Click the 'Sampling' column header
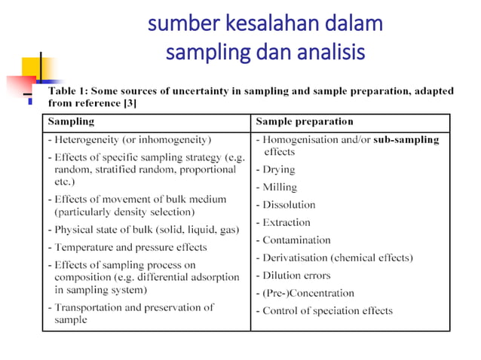pos(72,121)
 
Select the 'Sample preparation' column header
pos(305,121)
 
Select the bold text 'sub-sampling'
pos(406,139)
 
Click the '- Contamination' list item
pos(293,240)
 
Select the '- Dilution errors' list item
pos(293,276)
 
